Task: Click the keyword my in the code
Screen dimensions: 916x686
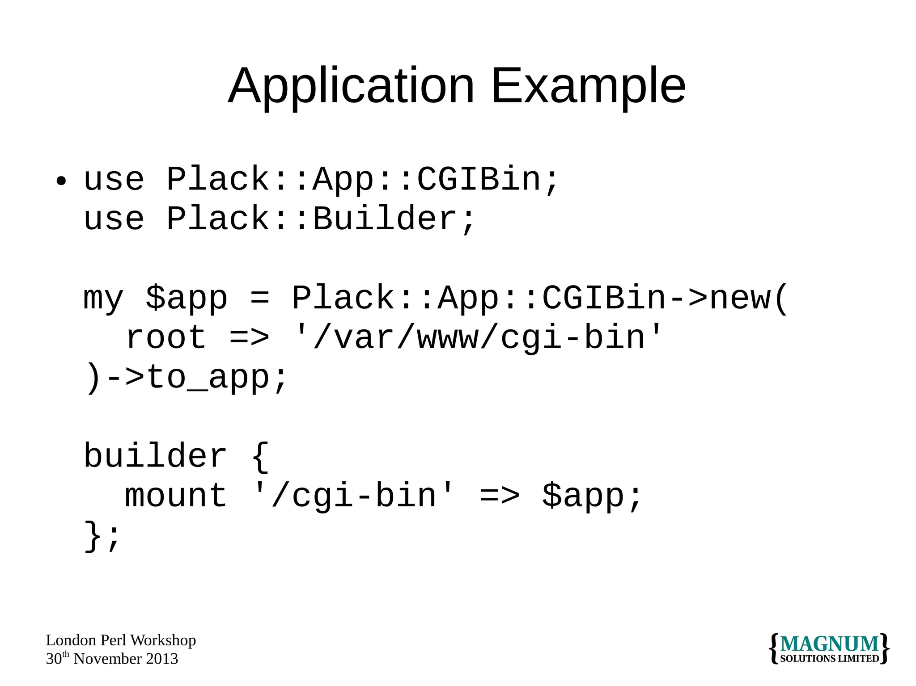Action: coord(103,299)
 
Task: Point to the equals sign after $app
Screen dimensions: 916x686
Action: coord(260,298)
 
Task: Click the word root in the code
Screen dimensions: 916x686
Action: coord(166,338)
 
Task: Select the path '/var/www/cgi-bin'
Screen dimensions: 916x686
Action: coord(478,338)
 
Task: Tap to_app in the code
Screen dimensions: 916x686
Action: coord(208,378)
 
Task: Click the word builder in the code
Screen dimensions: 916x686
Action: coord(155,456)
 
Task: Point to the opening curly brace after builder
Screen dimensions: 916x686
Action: coord(260,456)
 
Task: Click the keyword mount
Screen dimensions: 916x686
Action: coord(176,496)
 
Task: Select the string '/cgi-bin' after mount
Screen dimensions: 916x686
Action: coord(353,496)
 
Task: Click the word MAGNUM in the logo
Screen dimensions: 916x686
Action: coord(830,644)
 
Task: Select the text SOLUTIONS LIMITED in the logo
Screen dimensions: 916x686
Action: coord(830,659)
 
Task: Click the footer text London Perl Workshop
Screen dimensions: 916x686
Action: coord(121,640)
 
